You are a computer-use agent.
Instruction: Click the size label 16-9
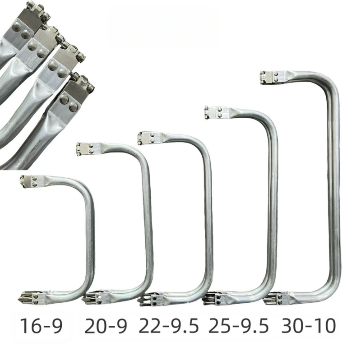click(x=42, y=326)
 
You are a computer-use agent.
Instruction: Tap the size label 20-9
click(x=106, y=326)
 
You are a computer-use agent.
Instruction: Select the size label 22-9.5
click(x=169, y=326)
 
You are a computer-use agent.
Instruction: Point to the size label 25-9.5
click(x=239, y=326)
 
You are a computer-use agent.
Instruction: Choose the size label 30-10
click(x=309, y=326)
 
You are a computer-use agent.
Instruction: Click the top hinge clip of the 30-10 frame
click(x=269, y=77)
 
